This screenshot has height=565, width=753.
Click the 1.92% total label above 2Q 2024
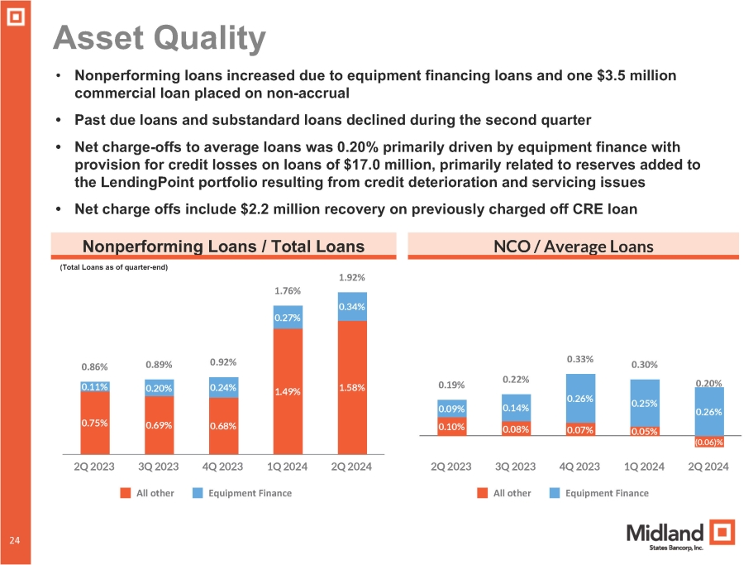(x=352, y=278)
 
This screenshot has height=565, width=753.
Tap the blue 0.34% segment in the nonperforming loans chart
(x=352, y=307)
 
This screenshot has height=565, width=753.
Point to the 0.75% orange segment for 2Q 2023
(x=95, y=423)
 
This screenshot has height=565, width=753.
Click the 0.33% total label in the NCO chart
(x=579, y=359)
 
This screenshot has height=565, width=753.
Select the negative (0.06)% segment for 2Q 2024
(x=708, y=443)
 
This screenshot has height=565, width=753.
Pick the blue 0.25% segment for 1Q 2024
(x=643, y=403)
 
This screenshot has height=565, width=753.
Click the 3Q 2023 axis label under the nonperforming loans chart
(x=159, y=467)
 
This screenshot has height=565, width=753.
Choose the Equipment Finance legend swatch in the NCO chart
(x=555, y=493)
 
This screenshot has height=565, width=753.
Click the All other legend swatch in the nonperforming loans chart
(x=126, y=493)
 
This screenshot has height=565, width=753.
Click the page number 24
(x=15, y=540)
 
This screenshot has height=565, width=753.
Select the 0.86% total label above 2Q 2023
(x=95, y=366)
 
